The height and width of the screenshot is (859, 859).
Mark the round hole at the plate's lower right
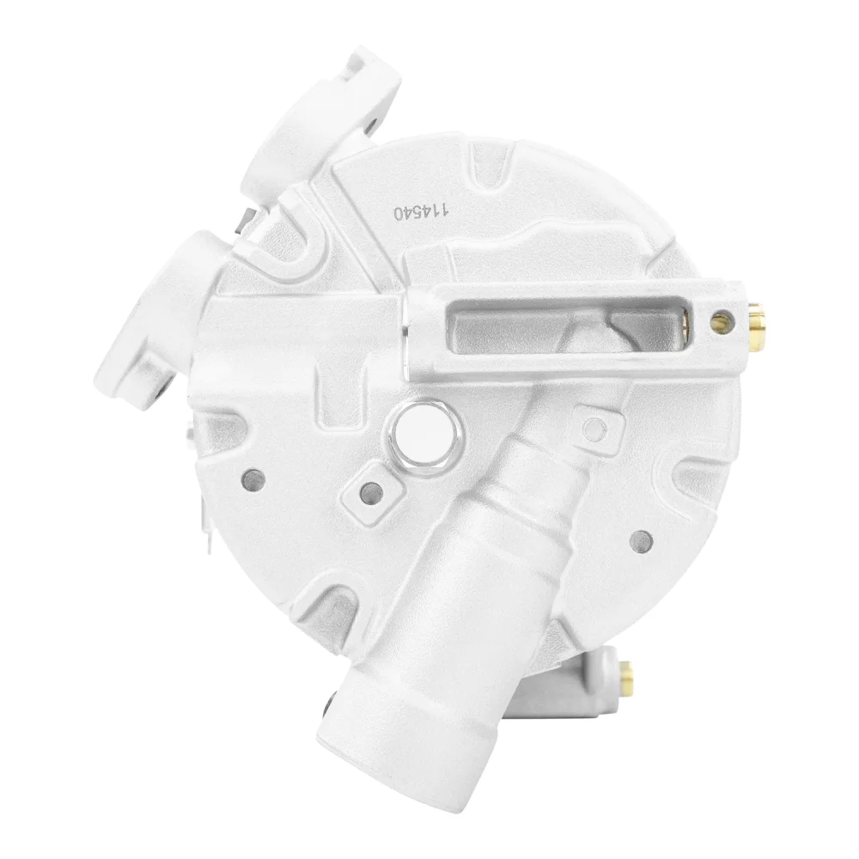click(642, 541)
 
